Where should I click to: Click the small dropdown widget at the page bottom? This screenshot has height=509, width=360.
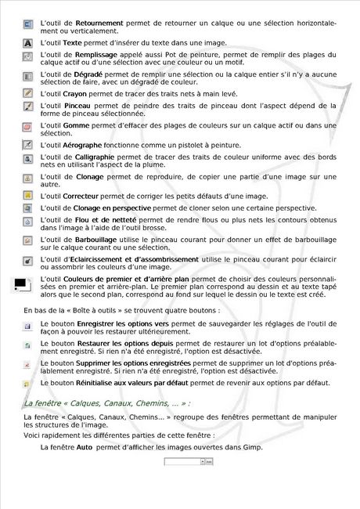coord(188,462)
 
